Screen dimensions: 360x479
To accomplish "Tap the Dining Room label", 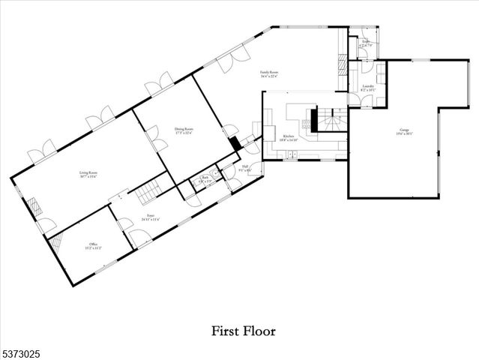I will pyautogui.click(x=185, y=131).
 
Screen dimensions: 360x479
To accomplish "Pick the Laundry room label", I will pyautogui.click(x=368, y=88).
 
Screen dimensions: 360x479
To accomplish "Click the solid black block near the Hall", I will pyautogui.click(x=235, y=143).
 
